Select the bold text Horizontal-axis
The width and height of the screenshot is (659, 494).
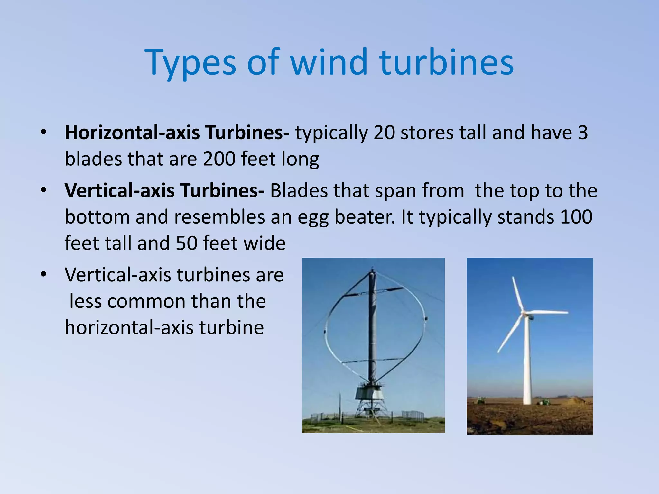132,132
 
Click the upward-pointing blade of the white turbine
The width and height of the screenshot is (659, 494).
517,293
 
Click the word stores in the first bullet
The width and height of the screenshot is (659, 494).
427,132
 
